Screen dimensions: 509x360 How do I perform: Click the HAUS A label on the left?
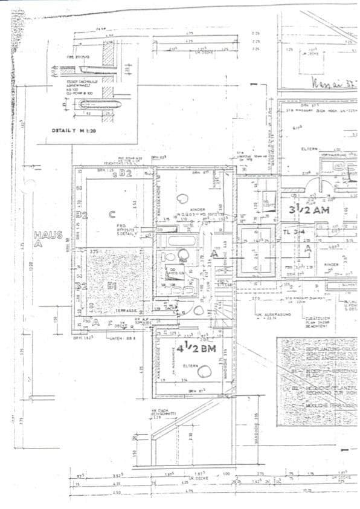pos(48,239)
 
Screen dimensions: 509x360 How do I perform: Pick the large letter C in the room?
pos(112,213)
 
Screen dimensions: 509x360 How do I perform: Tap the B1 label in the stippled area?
pos(111,286)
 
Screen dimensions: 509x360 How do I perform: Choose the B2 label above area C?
pos(126,175)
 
